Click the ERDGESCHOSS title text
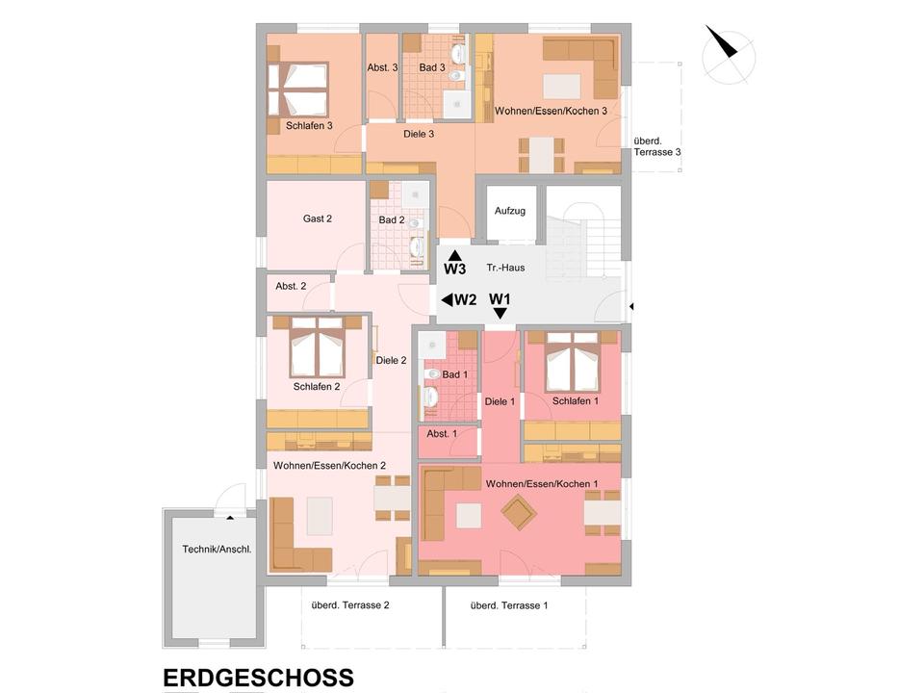[x=258, y=678]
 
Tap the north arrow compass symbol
[x=728, y=53]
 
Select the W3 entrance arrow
[x=454, y=256]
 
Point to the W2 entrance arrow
[x=448, y=300]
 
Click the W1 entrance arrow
[x=500, y=312]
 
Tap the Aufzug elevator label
[x=509, y=211]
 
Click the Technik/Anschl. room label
[x=217, y=550]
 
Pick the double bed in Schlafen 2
[x=318, y=347]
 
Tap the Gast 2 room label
[x=318, y=218]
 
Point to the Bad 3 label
[x=431, y=67]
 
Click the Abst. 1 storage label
[x=441, y=434]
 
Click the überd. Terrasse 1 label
[x=509, y=605]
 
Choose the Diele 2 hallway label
[x=391, y=361]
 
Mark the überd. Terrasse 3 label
[x=656, y=146]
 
